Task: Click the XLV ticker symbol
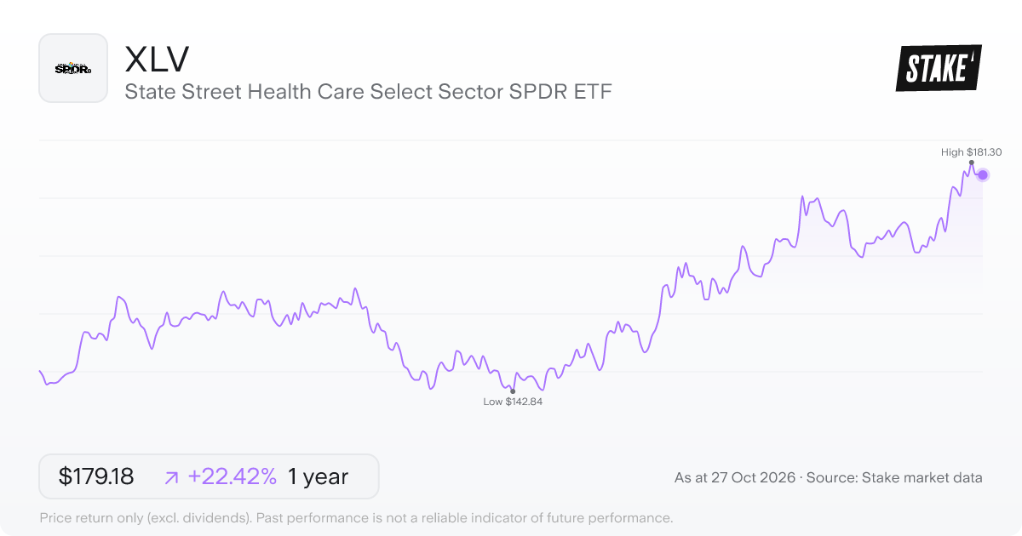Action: pyautogui.click(x=157, y=60)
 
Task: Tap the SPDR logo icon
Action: pyautogui.click(x=73, y=68)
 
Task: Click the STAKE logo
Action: pyautogui.click(x=939, y=68)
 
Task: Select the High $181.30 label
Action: pyautogui.click(x=972, y=152)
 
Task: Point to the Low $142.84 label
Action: pyautogui.click(x=513, y=402)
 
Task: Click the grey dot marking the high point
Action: pyautogui.click(x=972, y=163)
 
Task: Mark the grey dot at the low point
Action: pyautogui.click(x=513, y=391)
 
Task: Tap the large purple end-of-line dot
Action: pyautogui.click(x=983, y=175)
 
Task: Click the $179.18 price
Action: pyautogui.click(x=95, y=476)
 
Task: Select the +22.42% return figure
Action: pyautogui.click(x=233, y=476)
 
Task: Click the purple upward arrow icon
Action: pyautogui.click(x=171, y=477)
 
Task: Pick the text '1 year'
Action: pyautogui.click(x=318, y=476)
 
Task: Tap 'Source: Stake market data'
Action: pyautogui.click(x=894, y=477)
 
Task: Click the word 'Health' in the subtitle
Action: pyautogui.click(x=279, y=92)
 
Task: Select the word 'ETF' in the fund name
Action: pyautogui.click(x=593, y=92)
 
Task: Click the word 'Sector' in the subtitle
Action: pyautogui.click(x=470, y=92)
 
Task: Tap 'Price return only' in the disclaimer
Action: pyautogui.click(x=90, y=518)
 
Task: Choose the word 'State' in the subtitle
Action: pyautogui.click(x=150, y=92)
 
